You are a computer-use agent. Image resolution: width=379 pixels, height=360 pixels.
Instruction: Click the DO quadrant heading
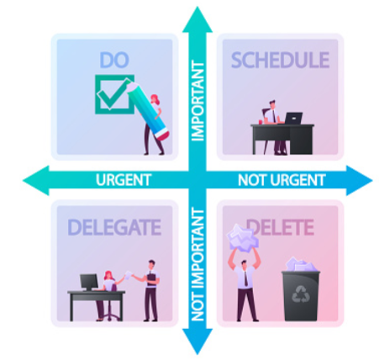114,60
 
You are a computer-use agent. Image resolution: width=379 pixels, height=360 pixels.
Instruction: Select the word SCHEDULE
280,60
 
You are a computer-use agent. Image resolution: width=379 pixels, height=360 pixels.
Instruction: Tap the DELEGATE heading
114,227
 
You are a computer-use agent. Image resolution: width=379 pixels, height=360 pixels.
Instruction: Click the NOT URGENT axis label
282,180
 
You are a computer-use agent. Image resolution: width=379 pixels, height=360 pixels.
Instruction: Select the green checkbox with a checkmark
114,94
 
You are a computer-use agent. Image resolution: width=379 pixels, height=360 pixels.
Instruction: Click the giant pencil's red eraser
162,134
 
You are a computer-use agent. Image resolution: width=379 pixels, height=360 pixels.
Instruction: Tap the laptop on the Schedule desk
293,118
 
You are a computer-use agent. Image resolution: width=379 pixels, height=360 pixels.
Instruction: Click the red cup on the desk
261,122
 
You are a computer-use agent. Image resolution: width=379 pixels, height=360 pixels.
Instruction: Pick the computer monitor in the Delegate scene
89,282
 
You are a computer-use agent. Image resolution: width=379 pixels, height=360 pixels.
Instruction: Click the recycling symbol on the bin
300,294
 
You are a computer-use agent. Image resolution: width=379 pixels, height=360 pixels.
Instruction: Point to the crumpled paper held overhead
243,238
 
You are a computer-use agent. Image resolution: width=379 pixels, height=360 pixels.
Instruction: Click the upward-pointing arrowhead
197,19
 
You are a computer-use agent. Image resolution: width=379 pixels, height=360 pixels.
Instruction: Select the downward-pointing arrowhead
197,341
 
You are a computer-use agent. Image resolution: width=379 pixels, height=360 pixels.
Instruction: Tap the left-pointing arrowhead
36,180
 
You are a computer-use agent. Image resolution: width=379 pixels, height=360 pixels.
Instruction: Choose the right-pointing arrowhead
360,180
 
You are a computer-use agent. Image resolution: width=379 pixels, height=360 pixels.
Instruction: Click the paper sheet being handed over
128,275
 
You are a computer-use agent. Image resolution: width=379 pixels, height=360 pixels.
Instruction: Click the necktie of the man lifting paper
245,278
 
